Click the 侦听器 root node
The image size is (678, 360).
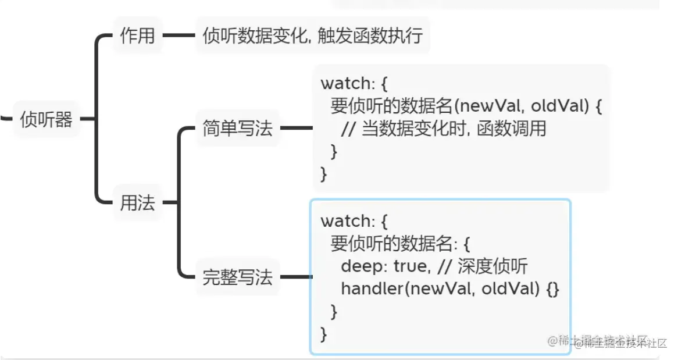(46, 119)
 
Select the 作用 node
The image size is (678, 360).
(137, 35)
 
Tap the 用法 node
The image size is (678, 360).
(137, 202)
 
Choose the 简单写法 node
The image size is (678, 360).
(237, 128)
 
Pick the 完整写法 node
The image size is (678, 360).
(237, 277)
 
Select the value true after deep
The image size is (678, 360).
(411, 266)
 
